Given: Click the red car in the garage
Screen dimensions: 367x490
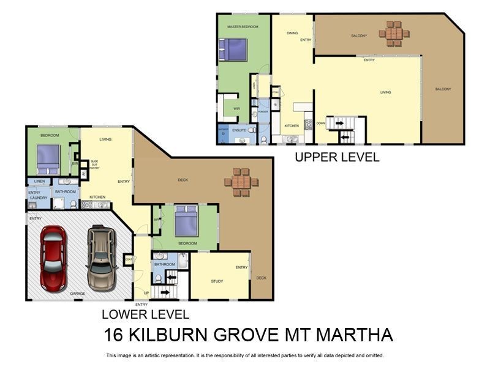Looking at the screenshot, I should [53, 258].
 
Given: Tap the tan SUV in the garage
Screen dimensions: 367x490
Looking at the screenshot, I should [100, 258].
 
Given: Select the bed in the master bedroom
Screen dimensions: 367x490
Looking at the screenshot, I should [233, 50].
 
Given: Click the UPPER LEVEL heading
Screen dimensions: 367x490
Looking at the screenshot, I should [337, 157].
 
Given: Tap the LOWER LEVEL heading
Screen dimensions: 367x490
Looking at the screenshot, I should [145, 315].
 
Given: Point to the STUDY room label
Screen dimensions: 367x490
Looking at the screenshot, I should [217, 281].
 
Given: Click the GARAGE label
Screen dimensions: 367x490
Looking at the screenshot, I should [77, 294].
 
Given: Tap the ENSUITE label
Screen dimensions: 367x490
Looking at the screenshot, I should [239, 130].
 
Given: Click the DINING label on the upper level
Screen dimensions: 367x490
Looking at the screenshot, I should [293, 34].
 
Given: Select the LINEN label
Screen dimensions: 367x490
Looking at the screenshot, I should [39, 182].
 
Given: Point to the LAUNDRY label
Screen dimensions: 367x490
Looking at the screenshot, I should [38, 198].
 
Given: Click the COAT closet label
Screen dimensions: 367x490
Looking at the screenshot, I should [128, 259].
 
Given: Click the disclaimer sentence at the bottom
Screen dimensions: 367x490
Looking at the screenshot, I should [245, 355].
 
